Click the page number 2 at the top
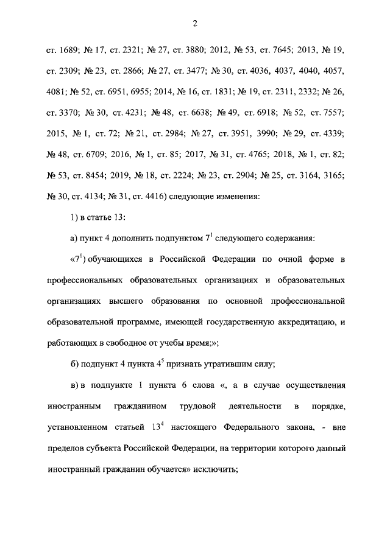click(x=194, y=24)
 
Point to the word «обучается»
click(x=180, y=470)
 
